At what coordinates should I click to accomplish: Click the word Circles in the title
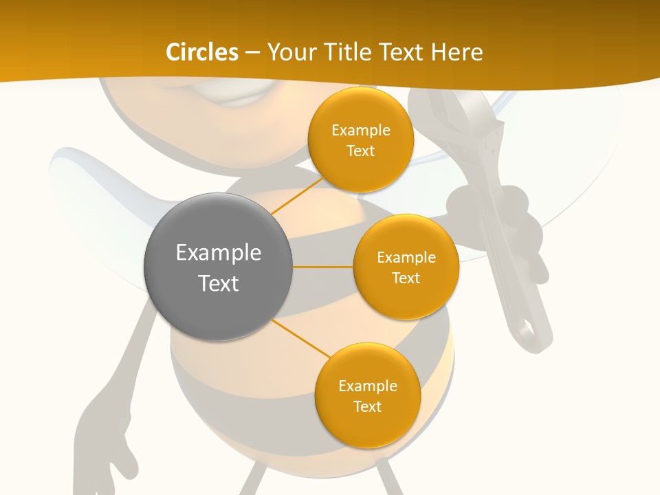coord(201,52)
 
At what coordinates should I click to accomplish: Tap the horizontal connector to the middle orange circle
coord(322,267)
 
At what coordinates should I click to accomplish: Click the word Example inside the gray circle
coord(219,253)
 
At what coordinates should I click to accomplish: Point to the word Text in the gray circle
coord(219,283)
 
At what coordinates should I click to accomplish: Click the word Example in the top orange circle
coord(360,131)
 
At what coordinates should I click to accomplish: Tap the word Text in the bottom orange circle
coord(367,406)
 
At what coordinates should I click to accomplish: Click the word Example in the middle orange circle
coord(406,258)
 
